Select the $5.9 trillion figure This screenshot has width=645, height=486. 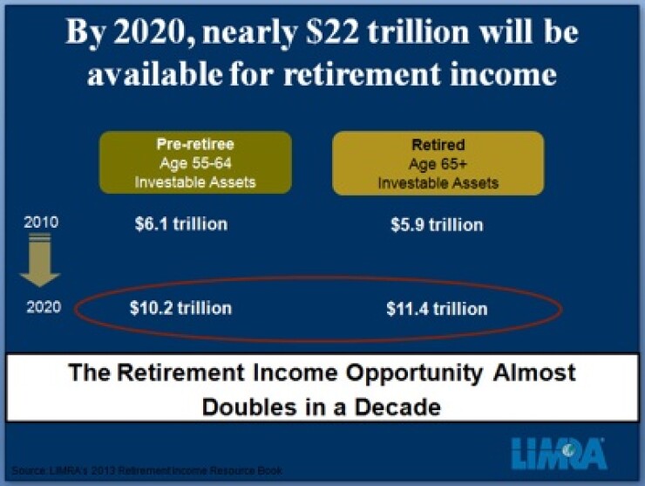[437, 225]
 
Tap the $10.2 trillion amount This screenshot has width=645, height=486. [180, 308]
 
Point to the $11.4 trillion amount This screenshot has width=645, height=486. [437, 309]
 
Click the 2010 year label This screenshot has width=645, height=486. [41, 222]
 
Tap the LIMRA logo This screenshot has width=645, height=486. [560, 451]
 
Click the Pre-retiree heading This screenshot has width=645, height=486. [195, 145]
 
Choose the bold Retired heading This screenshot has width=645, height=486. [438, 145]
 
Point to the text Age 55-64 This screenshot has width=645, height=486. [195, 163]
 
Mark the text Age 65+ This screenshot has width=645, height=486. [438, 164]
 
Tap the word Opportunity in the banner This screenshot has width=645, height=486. [398, 373]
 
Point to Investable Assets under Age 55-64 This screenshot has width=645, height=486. [195, 181]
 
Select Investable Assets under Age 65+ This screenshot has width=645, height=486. [438, 182]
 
